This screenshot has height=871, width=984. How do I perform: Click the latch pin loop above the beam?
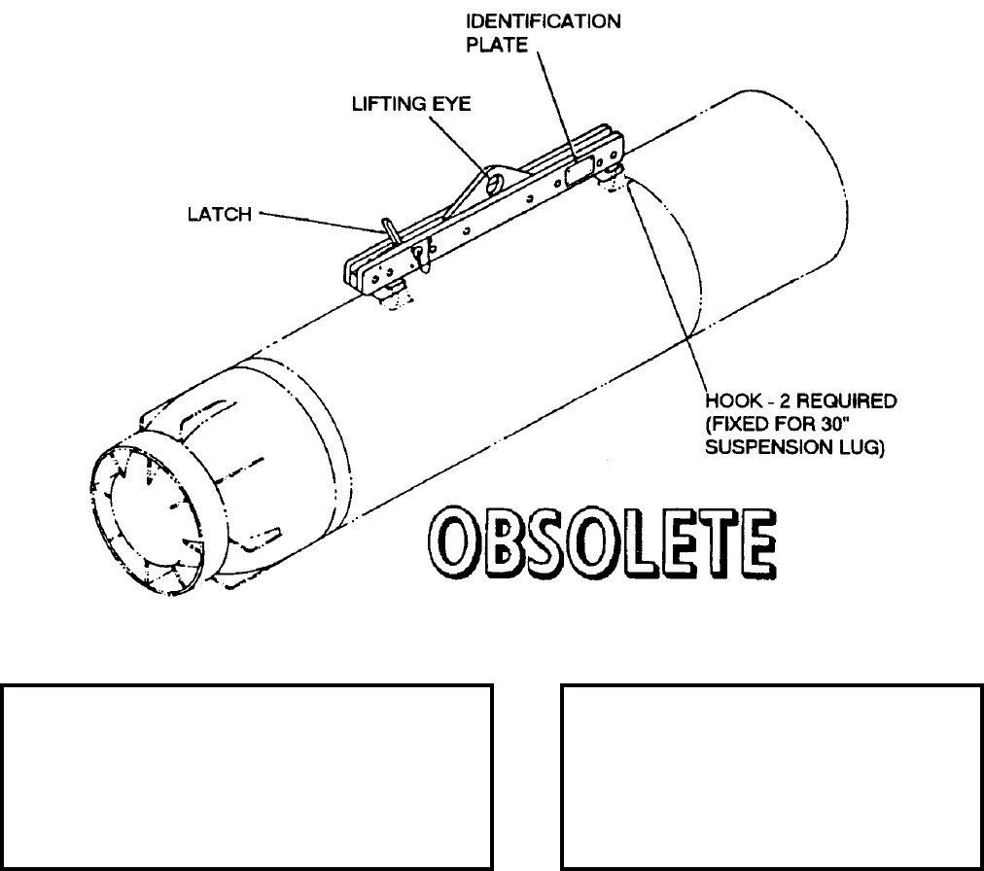[x=389, y=231]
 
